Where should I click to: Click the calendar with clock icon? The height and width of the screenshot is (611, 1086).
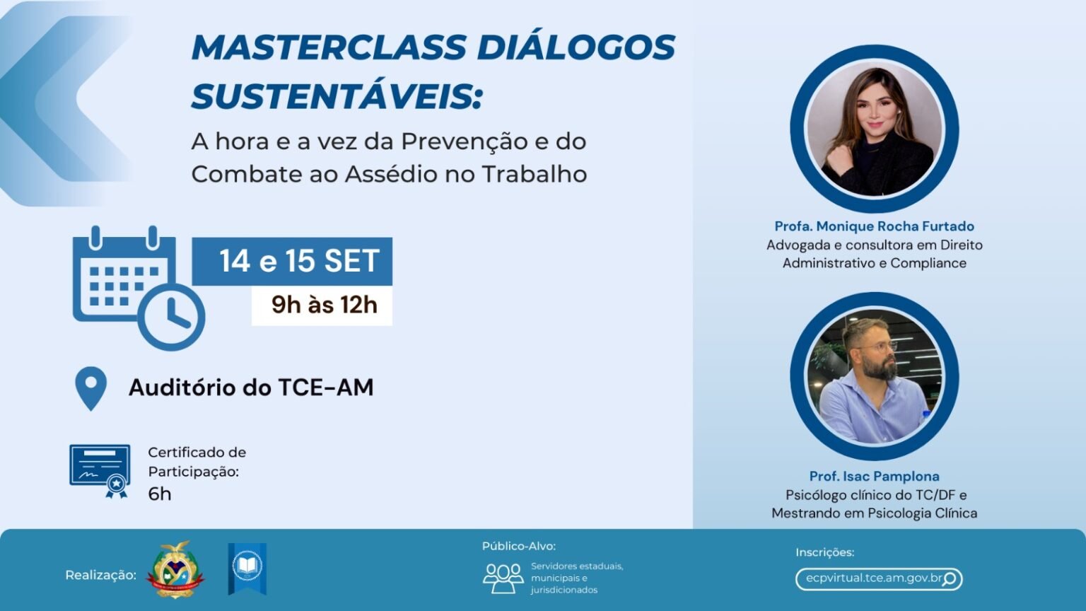[x=138, y=286]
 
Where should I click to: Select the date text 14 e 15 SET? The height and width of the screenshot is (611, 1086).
[x=299, y=262]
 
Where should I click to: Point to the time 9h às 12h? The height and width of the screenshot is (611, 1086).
[x=324, y=305]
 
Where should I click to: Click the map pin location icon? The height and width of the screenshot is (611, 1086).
[x=90, y=388]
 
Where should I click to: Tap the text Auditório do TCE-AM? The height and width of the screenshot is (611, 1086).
[x=251, y=388]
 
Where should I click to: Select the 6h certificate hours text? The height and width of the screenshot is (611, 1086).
[x=160, y=494]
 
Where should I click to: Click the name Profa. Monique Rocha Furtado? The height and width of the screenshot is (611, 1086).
[x=874, y=226]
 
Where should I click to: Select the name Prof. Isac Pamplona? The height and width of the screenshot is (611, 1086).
[x=874, y=477]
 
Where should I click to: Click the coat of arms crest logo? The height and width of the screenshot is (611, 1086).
[x=175, y=569]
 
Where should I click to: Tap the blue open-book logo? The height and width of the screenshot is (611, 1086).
[x=247, y=568]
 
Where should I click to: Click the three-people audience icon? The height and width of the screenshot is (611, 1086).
[x=503, y=578]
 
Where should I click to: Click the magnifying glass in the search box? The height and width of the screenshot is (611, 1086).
[x=950, y=579]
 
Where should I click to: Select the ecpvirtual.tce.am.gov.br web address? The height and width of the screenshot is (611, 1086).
[x=873, y=578]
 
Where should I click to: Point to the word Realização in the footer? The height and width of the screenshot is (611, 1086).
[x=100, y=575]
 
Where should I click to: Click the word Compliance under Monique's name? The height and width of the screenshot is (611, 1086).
[x=928, y=263]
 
